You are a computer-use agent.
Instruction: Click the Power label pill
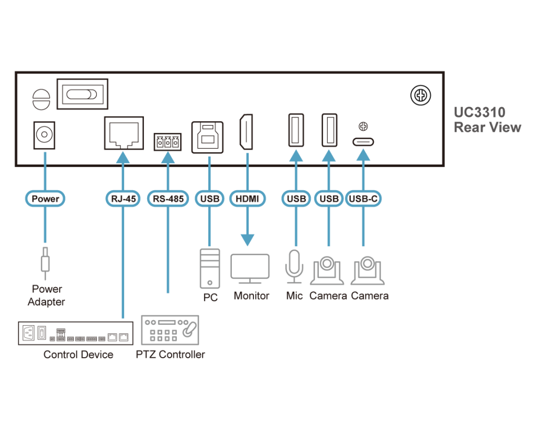[45, 199]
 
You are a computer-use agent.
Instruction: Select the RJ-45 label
[123, 199]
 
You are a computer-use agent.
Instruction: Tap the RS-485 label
[167, 199]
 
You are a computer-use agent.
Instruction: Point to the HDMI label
[247, 199]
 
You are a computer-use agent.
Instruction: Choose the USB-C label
[363, 199]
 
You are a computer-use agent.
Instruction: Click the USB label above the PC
[209, 199]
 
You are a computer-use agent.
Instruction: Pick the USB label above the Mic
[296, 199]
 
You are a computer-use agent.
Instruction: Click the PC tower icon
[209, 268]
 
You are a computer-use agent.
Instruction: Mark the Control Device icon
[75, 333]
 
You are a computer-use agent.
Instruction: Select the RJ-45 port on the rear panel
[124, 133]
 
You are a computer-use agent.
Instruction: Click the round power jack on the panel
[44, 135]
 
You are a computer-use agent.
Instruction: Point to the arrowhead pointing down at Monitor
[247, 240]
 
